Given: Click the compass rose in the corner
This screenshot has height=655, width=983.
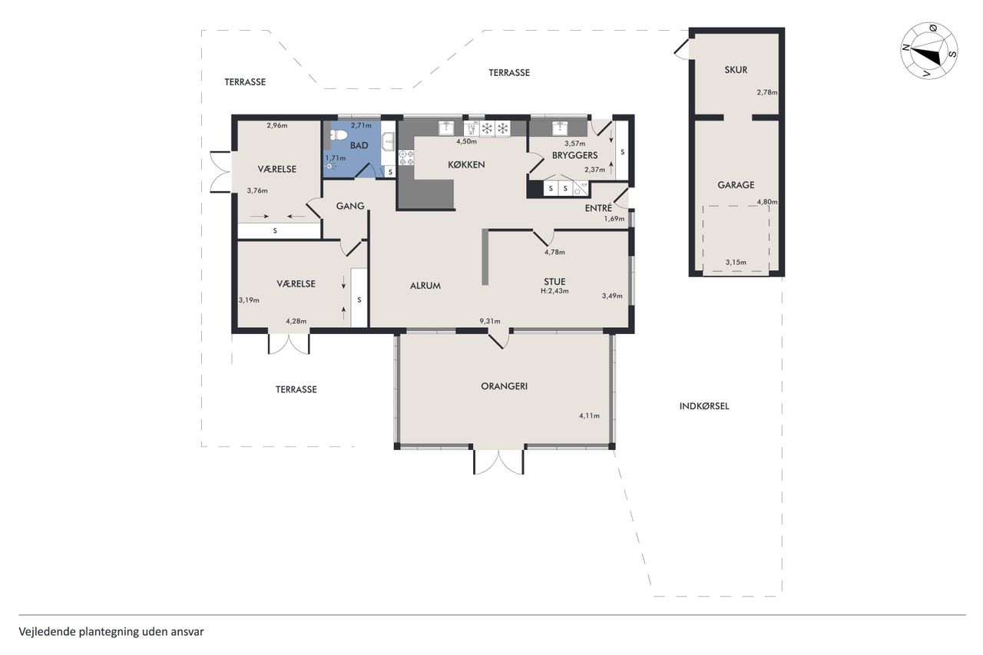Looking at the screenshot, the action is pyautogui.click(x=929, y=51).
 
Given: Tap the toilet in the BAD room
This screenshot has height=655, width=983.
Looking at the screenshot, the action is pyautogui.click(x=338, y=134).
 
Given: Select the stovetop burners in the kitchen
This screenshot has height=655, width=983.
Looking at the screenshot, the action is pyautogui.click(x=406, y=158).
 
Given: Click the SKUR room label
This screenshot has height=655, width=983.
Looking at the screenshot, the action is pyautogui.click(x=736, y=70).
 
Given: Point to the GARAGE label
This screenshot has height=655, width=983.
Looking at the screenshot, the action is pyautogui.click(x=736, y=185).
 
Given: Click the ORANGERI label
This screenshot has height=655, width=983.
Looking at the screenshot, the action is pyautogui.click(x=505, y=386).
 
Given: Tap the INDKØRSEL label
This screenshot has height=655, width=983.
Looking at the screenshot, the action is pyautogui.click(x=704, y=406).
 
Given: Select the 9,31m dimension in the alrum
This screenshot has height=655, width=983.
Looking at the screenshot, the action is pyautogui.click(x=490, y=321).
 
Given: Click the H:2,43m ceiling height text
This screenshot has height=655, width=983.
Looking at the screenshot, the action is pyautogui.click(x=554, y=291).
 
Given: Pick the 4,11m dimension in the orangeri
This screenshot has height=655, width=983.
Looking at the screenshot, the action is pyautogui.click(x=589, y=416).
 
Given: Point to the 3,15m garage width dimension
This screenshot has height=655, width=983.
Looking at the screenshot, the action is pyautogui.click(x=736, y=263).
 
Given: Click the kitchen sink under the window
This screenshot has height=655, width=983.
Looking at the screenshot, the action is pyautogui.click(x=447, y=127).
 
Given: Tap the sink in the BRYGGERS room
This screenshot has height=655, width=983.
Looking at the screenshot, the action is pyautogui.click(x=560, y=127).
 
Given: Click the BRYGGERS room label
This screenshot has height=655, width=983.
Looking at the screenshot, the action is pyautogui.click(x=575, y=155).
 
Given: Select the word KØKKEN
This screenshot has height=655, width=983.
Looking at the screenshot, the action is pyautogui.click(x=466, y=165).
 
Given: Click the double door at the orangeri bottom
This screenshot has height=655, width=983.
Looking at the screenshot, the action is pyautogui.click(x=498, y=461).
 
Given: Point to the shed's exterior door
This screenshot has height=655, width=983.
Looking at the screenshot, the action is pyautogui.click(x=682, y=48).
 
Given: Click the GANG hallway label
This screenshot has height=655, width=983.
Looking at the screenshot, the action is pyautogui.click(x=350, y=206).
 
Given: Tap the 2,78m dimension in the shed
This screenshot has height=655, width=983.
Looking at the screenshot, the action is pyautogui.click(x=767, y=93).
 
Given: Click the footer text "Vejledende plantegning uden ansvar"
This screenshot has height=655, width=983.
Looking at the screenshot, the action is pyautogui.click(x=111, y=632).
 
